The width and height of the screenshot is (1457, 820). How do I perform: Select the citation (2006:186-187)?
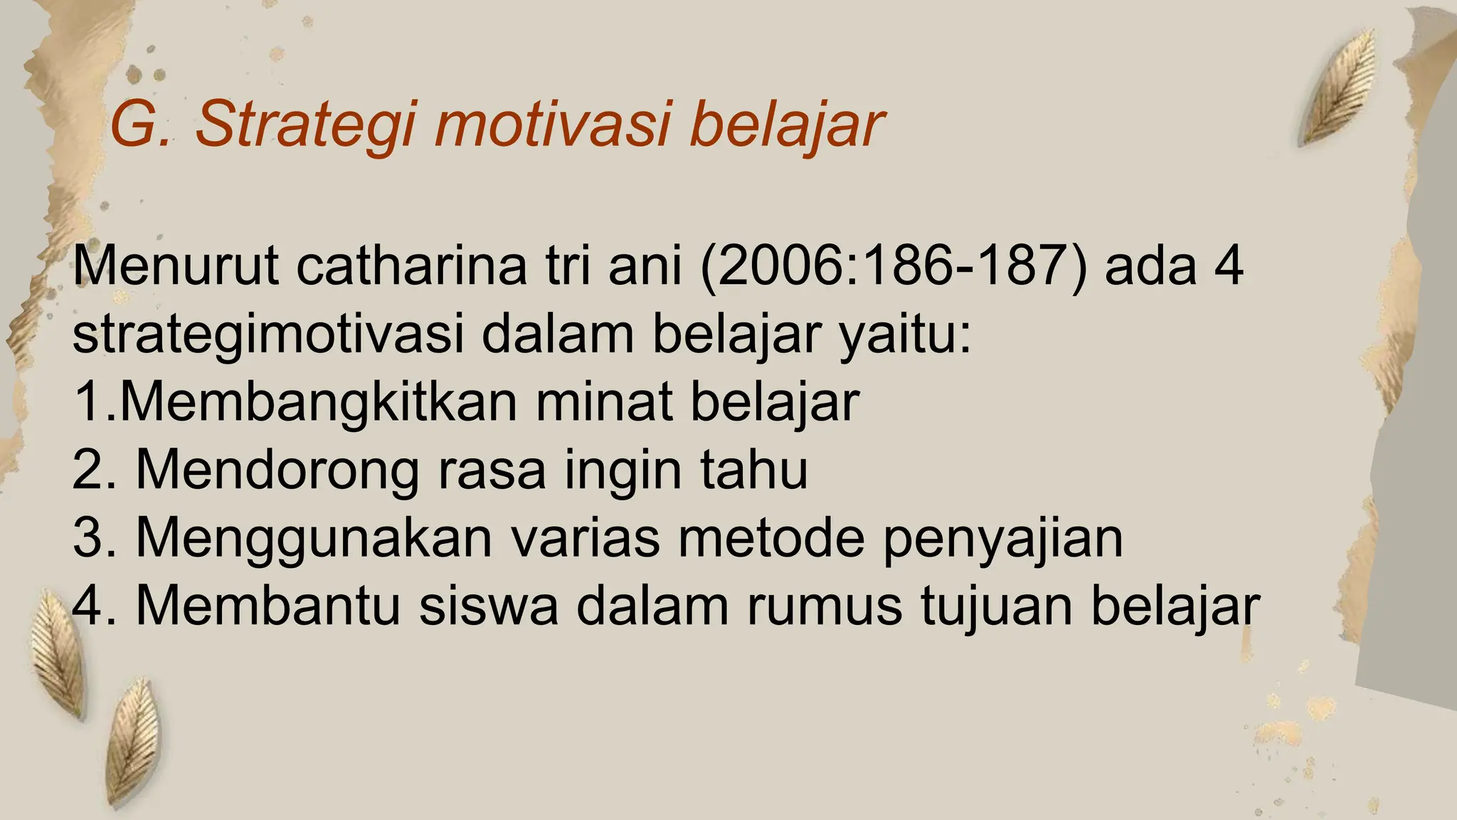coord(894,267)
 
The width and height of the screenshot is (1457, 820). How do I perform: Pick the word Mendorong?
coord(277,470)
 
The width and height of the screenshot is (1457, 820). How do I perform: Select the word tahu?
coord(754,469)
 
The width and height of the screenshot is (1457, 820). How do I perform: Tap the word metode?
coord(771,537)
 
